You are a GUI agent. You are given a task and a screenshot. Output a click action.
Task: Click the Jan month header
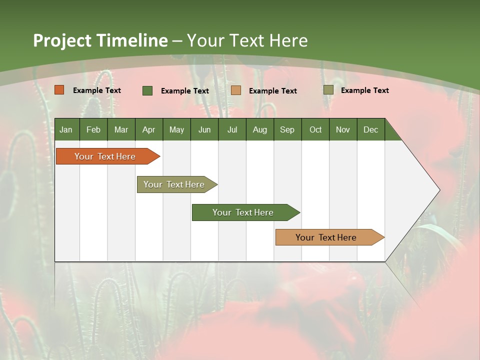(x=66, y=129)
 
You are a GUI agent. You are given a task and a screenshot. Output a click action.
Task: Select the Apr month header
(x=148, y=129)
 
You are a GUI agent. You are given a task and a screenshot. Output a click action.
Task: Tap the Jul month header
(x=232, y=129)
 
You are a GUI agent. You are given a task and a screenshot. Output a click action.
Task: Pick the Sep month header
(x=287, y=129)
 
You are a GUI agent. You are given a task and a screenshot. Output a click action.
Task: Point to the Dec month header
(x=370, y=129)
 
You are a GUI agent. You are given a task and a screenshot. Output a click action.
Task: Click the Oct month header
(x=315, y=129)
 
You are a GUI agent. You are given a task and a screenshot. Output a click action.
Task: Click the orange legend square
(x=59, y=90)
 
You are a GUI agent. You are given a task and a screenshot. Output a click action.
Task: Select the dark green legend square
(x=147, y=90)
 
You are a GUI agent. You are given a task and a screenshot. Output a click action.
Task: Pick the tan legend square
(x=236, y=90)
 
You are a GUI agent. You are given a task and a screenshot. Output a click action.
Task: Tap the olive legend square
(x=328, y=90)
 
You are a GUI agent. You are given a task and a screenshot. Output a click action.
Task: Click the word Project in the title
(x=62, y=40)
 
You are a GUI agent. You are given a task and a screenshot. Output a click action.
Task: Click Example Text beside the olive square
(x=364, y=90)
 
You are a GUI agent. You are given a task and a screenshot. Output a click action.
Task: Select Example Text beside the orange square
(x=96, y=90)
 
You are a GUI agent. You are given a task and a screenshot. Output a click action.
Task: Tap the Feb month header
(x=93, y=129)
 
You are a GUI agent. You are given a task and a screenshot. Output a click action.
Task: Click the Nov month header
(x=342, y=129)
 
